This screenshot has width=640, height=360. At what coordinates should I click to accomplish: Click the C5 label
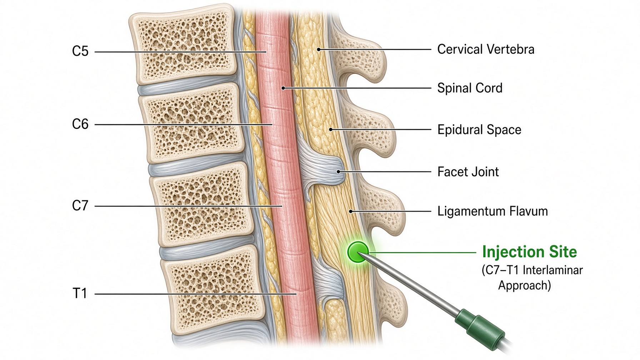[80, 51]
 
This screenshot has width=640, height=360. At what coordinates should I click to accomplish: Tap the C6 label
[80, 124]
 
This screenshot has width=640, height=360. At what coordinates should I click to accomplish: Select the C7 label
[80, 206]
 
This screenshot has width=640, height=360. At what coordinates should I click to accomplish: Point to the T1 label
[80, 293]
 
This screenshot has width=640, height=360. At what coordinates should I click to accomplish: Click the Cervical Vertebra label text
[486, 49]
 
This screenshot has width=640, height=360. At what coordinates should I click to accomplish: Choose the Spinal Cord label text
[470, 88]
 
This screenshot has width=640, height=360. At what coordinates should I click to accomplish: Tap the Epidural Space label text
[479, 130]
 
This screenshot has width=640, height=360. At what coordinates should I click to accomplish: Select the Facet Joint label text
[468, 172]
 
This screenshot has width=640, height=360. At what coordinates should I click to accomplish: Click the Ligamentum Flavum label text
[492, 211]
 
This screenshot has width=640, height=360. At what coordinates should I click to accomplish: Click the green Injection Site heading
[529, 252]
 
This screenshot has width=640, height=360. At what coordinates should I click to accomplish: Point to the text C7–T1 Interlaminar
[532, 270]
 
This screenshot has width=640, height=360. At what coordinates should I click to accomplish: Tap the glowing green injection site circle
[358, 252]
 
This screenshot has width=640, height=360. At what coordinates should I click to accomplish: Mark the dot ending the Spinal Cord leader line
[283, 88]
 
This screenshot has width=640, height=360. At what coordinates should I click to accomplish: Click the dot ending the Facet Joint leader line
[339, 172]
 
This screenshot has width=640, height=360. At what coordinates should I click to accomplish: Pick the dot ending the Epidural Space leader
[331, 129]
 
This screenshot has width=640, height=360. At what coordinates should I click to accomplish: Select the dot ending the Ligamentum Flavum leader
[351, 211]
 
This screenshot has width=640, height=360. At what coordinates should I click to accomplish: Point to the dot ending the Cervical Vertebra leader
[319, 49]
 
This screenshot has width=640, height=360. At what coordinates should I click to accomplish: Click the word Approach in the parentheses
[525, 286]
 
